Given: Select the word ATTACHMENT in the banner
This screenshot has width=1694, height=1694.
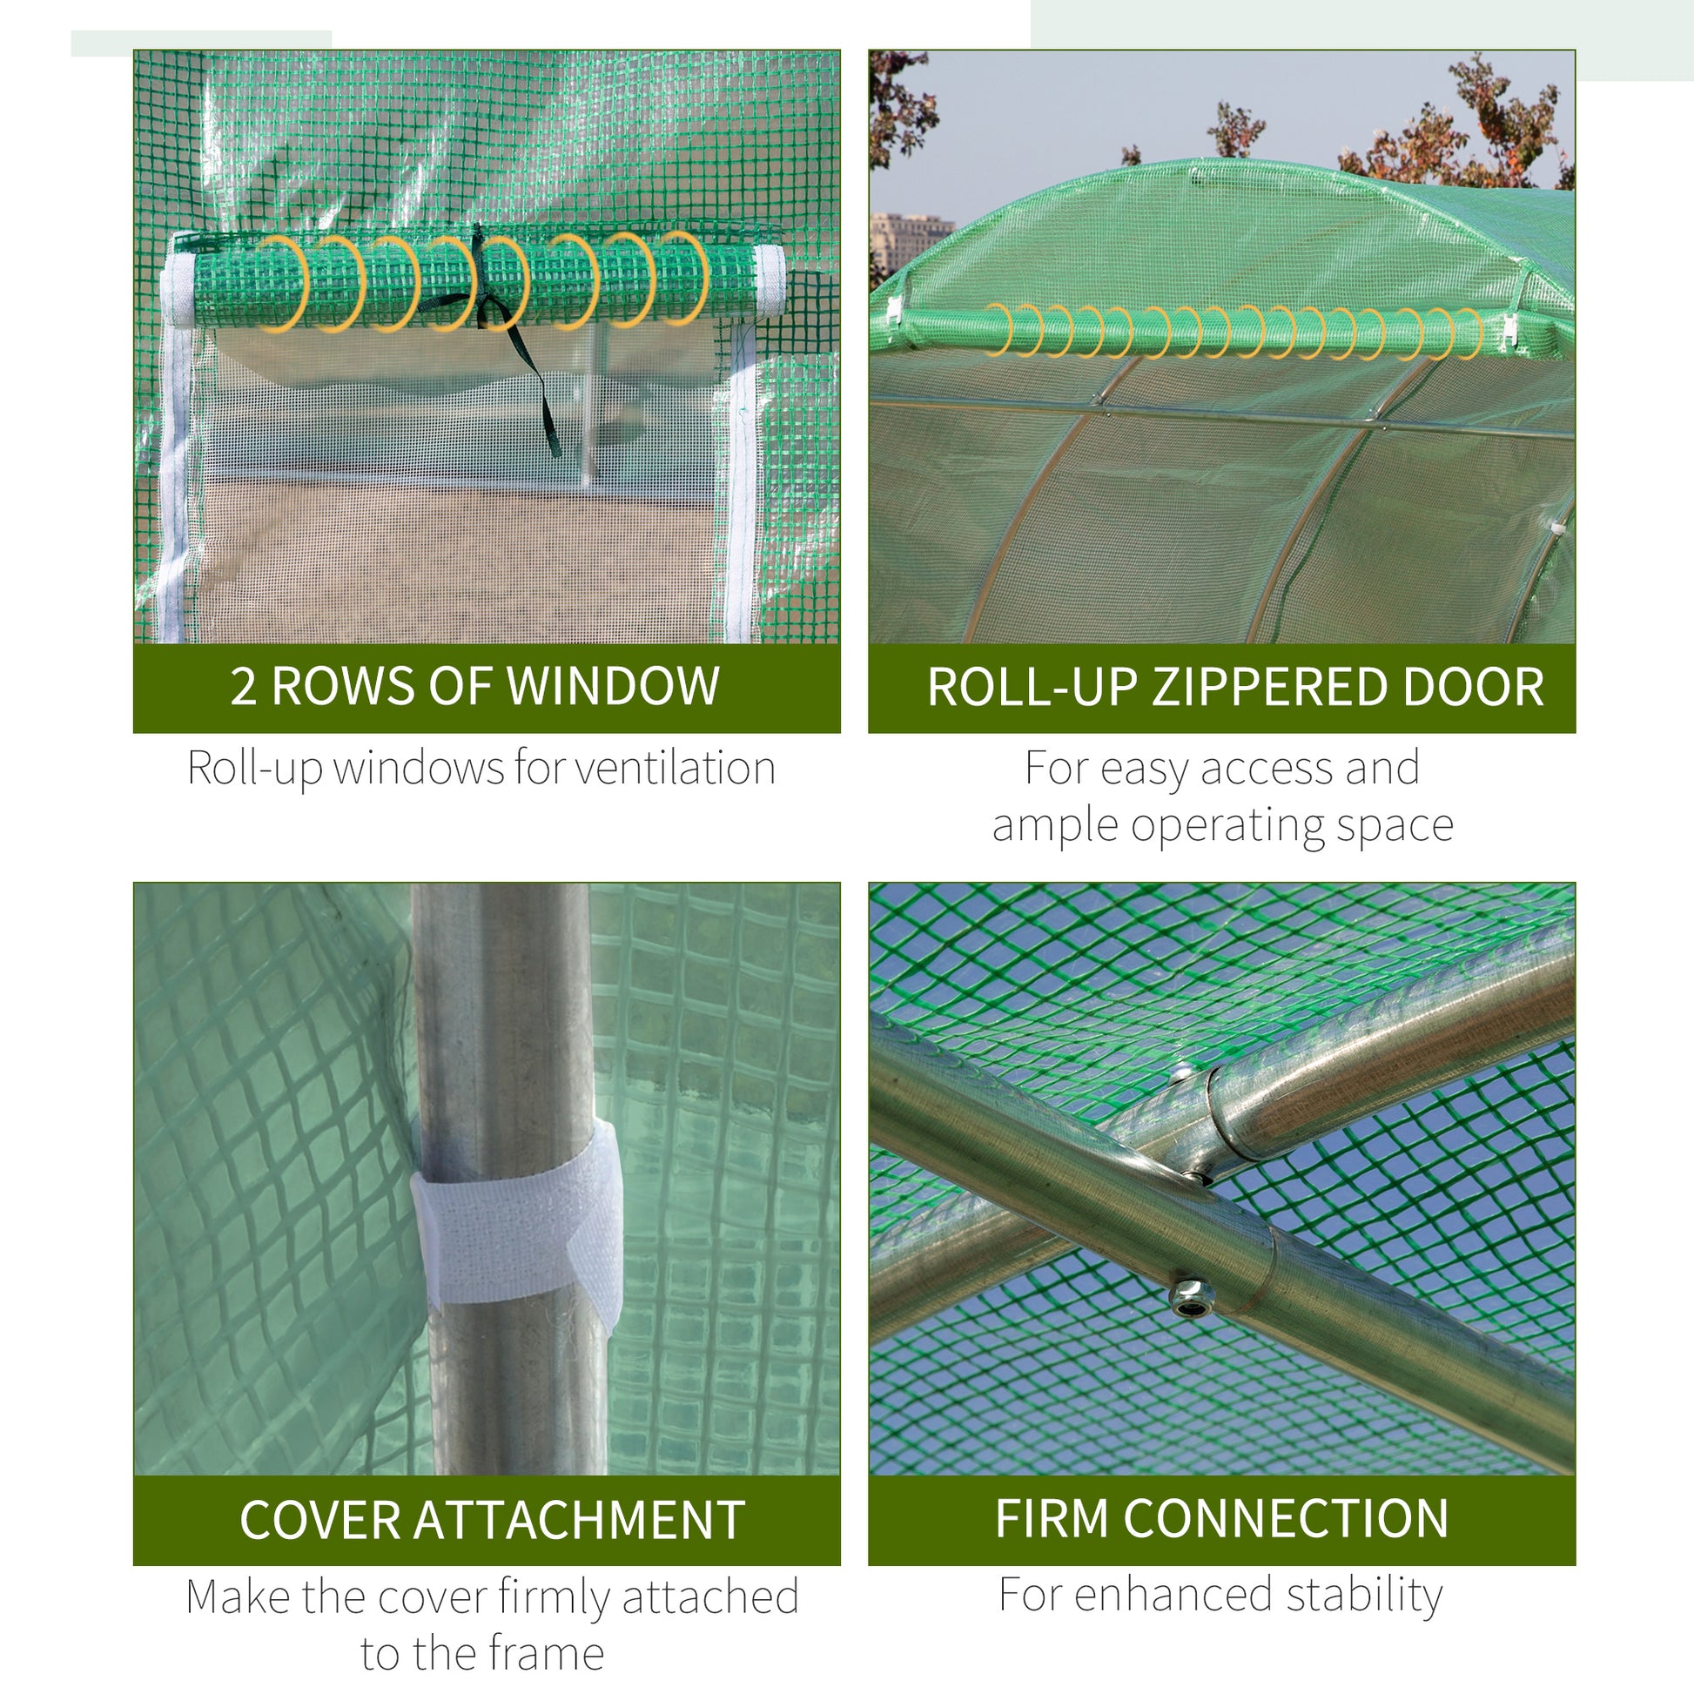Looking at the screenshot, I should [x=579, y=1521].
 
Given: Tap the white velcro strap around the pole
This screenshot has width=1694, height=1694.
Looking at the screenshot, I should [x=517, y=1214].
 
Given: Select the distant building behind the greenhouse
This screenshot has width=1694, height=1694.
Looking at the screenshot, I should [x=907, y=241].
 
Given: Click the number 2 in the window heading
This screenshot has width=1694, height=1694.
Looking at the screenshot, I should [x=243, y=689].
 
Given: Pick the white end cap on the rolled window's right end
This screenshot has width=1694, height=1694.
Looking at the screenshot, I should [x=770, y=280].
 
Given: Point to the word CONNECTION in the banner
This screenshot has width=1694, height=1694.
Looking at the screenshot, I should [x=1286, y=1519].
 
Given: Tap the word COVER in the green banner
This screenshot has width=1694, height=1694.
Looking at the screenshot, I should [x=320, y=1521].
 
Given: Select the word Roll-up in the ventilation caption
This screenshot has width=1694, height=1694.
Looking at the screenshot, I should [x=253, y=769].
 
